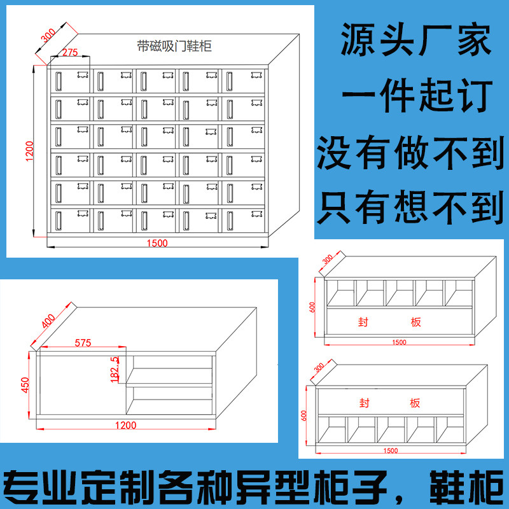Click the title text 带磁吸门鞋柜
(174, 46)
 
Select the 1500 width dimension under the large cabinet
(157, 243)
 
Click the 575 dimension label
(83, 342)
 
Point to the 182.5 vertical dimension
(115, 370)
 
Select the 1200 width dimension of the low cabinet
(127, 424)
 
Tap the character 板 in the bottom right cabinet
(415, 403)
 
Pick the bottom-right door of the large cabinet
(242, 220)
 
